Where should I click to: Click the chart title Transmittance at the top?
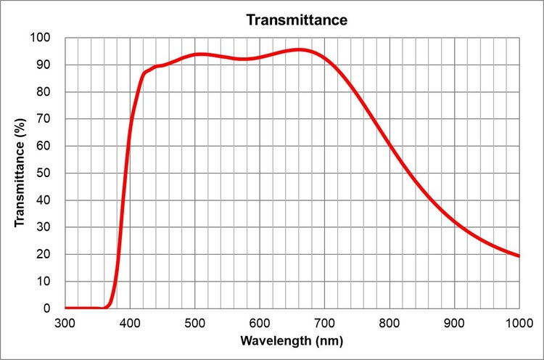(x=297, y=20)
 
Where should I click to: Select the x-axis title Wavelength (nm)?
(x=292, y=340)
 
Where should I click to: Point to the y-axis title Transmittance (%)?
(x=20, y=172)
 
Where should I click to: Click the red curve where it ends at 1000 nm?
(x=519, y=255)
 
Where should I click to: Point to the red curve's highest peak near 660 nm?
(x=299, y=49)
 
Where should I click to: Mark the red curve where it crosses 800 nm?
(x=390, y=145)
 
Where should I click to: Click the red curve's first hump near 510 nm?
(x=201, y=54)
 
